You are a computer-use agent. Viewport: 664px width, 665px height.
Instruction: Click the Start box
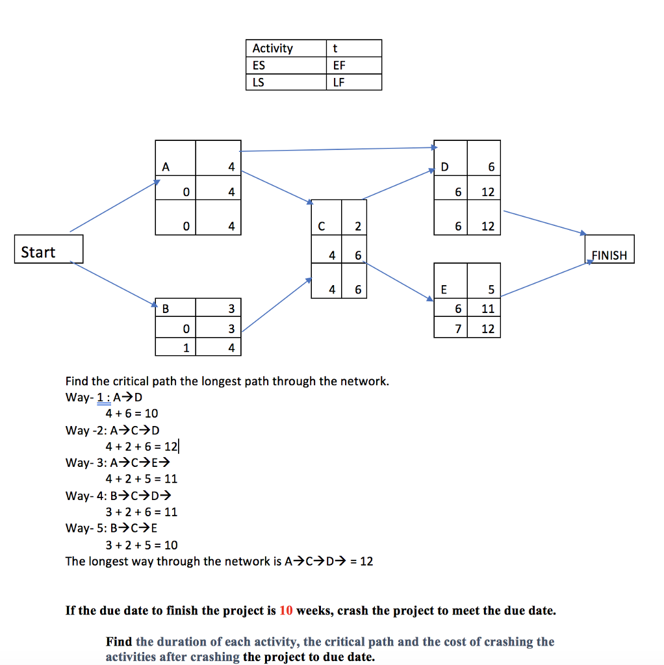[x=49, y=249]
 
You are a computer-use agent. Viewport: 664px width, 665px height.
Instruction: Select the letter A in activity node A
[x=166, y=167]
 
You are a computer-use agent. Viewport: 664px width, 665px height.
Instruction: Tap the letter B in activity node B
[x=165, y=308]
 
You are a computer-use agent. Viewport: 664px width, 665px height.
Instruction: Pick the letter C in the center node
[x=321, y=227]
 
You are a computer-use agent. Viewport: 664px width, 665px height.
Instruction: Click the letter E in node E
[x=444, y=290]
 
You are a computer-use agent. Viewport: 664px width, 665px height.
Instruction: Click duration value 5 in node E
[x=491, y=290]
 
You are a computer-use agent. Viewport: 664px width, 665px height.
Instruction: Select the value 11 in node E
[x=488, y=309]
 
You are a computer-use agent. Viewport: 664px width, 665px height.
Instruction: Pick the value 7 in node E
[x=458, y=329]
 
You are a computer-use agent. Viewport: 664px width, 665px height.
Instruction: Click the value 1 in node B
[x=186, y=348]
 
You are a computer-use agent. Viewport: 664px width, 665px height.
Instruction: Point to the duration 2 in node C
[x=357, y=227]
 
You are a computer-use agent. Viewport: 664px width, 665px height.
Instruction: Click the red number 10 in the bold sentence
[x=286, y=611]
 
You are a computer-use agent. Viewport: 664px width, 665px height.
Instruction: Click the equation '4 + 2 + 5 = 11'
[x=142, y=479]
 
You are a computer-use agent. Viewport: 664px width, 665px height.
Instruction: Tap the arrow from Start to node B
[x=117, y=282]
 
